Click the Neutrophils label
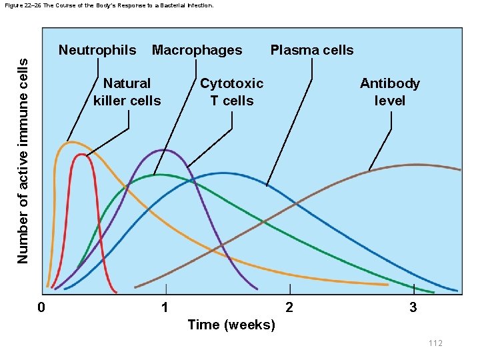coord(97,50)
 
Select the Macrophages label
coord(197,50)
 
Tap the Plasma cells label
coord(311,50)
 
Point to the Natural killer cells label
coord(127,92)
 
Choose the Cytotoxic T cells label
coord(231,92)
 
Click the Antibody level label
coord(390,92)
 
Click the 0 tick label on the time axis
coord(41,307)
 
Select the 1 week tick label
coord(165,307)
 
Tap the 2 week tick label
coord(289,307)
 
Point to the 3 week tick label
coord(413,307)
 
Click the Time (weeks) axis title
coord(231,325)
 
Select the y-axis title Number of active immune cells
coord(23,159)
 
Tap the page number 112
coord(435,343)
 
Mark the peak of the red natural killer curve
coord(81,155)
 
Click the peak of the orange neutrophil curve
coord(70,142)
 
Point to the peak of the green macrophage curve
coord(157,175)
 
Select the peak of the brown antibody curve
coord(417,164)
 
